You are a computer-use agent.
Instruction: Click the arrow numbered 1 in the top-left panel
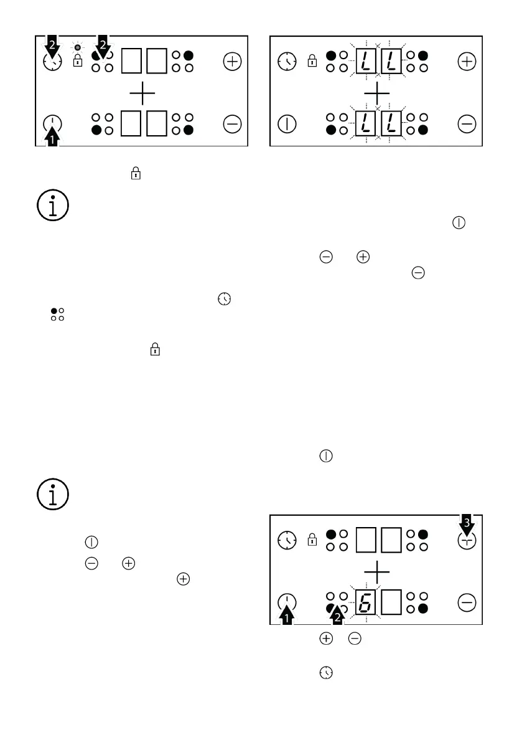click(54, 136)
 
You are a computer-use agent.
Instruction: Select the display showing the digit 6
click(366, 602)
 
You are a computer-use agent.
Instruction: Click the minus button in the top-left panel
click(232, 125)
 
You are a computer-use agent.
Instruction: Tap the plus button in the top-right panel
click(466, 62)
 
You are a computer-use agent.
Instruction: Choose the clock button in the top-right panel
click(287, 62)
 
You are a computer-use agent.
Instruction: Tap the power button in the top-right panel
click(287, 124)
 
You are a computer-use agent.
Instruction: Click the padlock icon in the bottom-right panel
click(312, 540)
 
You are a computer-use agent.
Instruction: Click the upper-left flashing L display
click(366, 62)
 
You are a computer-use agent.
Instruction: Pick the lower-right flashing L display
click(391, 124)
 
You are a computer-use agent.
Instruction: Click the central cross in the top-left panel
click(142, 94)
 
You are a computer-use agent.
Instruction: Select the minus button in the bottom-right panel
click(466, 602)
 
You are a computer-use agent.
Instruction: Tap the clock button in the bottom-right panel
click(287, 540)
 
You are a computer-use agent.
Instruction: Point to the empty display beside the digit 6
click(391, 602)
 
